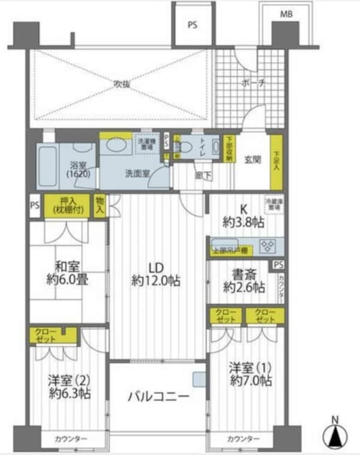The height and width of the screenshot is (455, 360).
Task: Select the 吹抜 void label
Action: [122, 84]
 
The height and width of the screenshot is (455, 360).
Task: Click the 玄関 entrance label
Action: [253, 161]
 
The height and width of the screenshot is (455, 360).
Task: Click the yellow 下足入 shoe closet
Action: [275, 161]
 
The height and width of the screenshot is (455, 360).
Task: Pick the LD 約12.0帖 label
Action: [157, 274]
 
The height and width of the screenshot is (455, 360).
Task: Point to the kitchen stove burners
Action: [266, 246]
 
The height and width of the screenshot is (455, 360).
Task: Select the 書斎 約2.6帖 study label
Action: [242, 281]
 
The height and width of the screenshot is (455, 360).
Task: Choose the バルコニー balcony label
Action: [158, 397]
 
